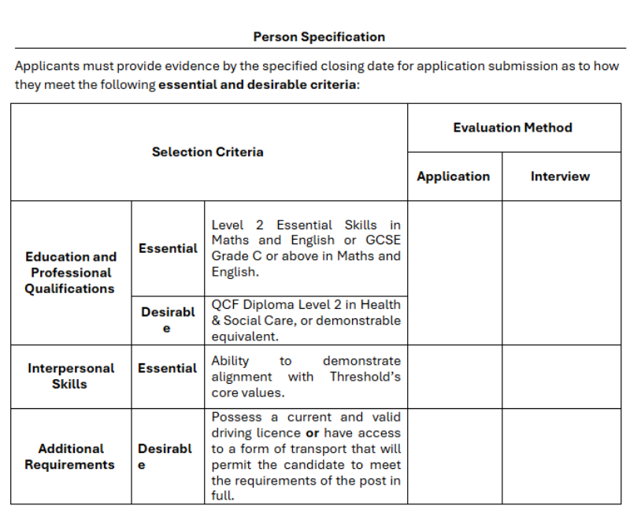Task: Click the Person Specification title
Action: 319,37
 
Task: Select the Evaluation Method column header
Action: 513,128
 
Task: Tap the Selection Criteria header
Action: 208,152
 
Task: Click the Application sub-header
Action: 454,177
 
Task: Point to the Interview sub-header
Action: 560,177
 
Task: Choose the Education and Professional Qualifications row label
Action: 71,273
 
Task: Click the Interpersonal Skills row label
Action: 71,376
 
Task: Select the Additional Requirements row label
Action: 70,456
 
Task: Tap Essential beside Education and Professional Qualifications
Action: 168,248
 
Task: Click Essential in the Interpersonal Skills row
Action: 168,368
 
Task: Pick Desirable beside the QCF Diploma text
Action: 168,320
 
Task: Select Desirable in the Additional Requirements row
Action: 165,456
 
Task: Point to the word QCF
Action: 225,305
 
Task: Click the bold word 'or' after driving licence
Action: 312,433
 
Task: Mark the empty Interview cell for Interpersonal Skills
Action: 561,377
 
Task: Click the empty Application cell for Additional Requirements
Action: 454,456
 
